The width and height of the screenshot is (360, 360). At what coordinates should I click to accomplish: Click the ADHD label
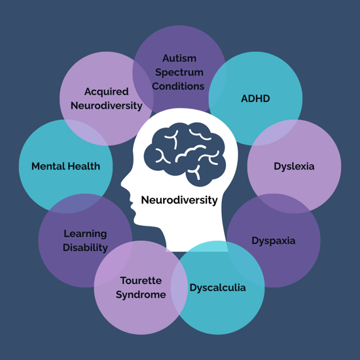(255, 98)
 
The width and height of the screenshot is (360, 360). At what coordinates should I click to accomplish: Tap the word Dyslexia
(294, 166)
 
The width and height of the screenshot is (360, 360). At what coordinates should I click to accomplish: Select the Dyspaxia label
(274, 241)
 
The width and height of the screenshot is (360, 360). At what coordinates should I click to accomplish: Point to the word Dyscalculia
(218, 288)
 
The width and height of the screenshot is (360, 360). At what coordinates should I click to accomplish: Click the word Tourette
(141, 281)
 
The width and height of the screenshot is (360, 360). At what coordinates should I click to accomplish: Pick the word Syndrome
(141, 295)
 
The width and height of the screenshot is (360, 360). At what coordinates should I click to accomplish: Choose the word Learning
(85, 234)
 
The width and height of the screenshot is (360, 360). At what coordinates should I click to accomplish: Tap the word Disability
(85, 248)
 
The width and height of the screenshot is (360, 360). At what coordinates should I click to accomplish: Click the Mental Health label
(65, 166)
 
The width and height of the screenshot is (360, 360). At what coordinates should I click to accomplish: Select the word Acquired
(107, 92)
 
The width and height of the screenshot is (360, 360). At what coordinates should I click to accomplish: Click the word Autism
(179, 58)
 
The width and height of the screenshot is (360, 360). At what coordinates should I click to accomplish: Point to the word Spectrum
(179, 73)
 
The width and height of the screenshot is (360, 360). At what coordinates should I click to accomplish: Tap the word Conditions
(178, 86)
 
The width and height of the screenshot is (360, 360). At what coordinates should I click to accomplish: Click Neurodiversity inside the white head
(179, 200)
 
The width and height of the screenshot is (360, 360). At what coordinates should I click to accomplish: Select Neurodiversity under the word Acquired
(107, 106)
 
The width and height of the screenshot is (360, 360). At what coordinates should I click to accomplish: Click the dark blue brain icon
(185, 154)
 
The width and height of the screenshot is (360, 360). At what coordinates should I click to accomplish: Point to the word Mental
(47, 166)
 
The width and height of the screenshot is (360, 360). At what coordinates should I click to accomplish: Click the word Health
(82, 166)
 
